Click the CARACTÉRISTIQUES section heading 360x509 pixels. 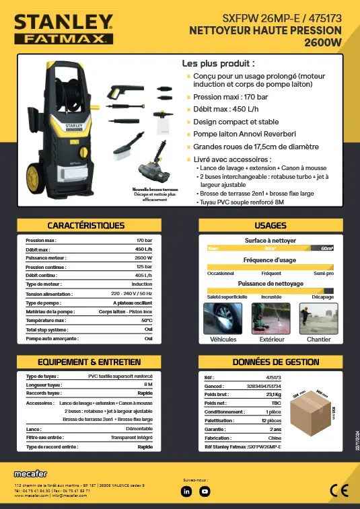point(86,225)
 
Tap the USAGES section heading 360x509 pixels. point(270,225)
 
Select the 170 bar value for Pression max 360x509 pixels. point(144,240)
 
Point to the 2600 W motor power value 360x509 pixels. point(143,258)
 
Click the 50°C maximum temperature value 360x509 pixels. point(147,321)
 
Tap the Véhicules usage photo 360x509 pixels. point(223,317)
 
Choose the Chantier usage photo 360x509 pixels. point(319,317)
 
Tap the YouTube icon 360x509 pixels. point(205,491)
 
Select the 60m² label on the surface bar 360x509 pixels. point(328,249)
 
